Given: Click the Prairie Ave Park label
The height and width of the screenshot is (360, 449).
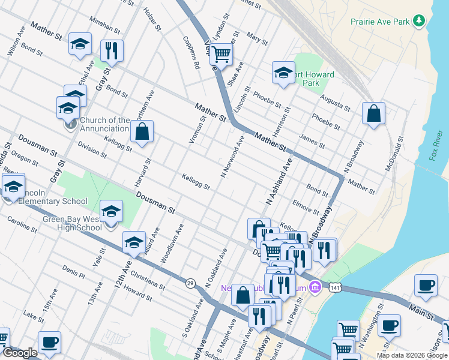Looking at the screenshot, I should (x=380, y=22).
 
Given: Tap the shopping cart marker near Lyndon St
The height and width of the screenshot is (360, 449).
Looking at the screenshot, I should (x=221, y=55).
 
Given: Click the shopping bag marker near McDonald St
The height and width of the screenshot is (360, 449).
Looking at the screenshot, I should (x=373, y=113).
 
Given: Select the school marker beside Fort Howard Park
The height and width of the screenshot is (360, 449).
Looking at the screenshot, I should (x=283, y=73).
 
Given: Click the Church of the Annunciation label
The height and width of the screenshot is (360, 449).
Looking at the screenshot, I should (x=104, y=124).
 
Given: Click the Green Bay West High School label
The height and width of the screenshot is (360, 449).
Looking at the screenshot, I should (x=72, y=223).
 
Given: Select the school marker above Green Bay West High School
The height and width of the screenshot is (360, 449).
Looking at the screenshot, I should (x=111, y=211).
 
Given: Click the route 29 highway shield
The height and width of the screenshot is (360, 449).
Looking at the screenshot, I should (x=190, y=283).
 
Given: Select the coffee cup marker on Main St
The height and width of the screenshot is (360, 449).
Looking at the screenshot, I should (x=426, y=286).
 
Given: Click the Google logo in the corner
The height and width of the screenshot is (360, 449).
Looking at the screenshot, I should (x=20, y=353).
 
